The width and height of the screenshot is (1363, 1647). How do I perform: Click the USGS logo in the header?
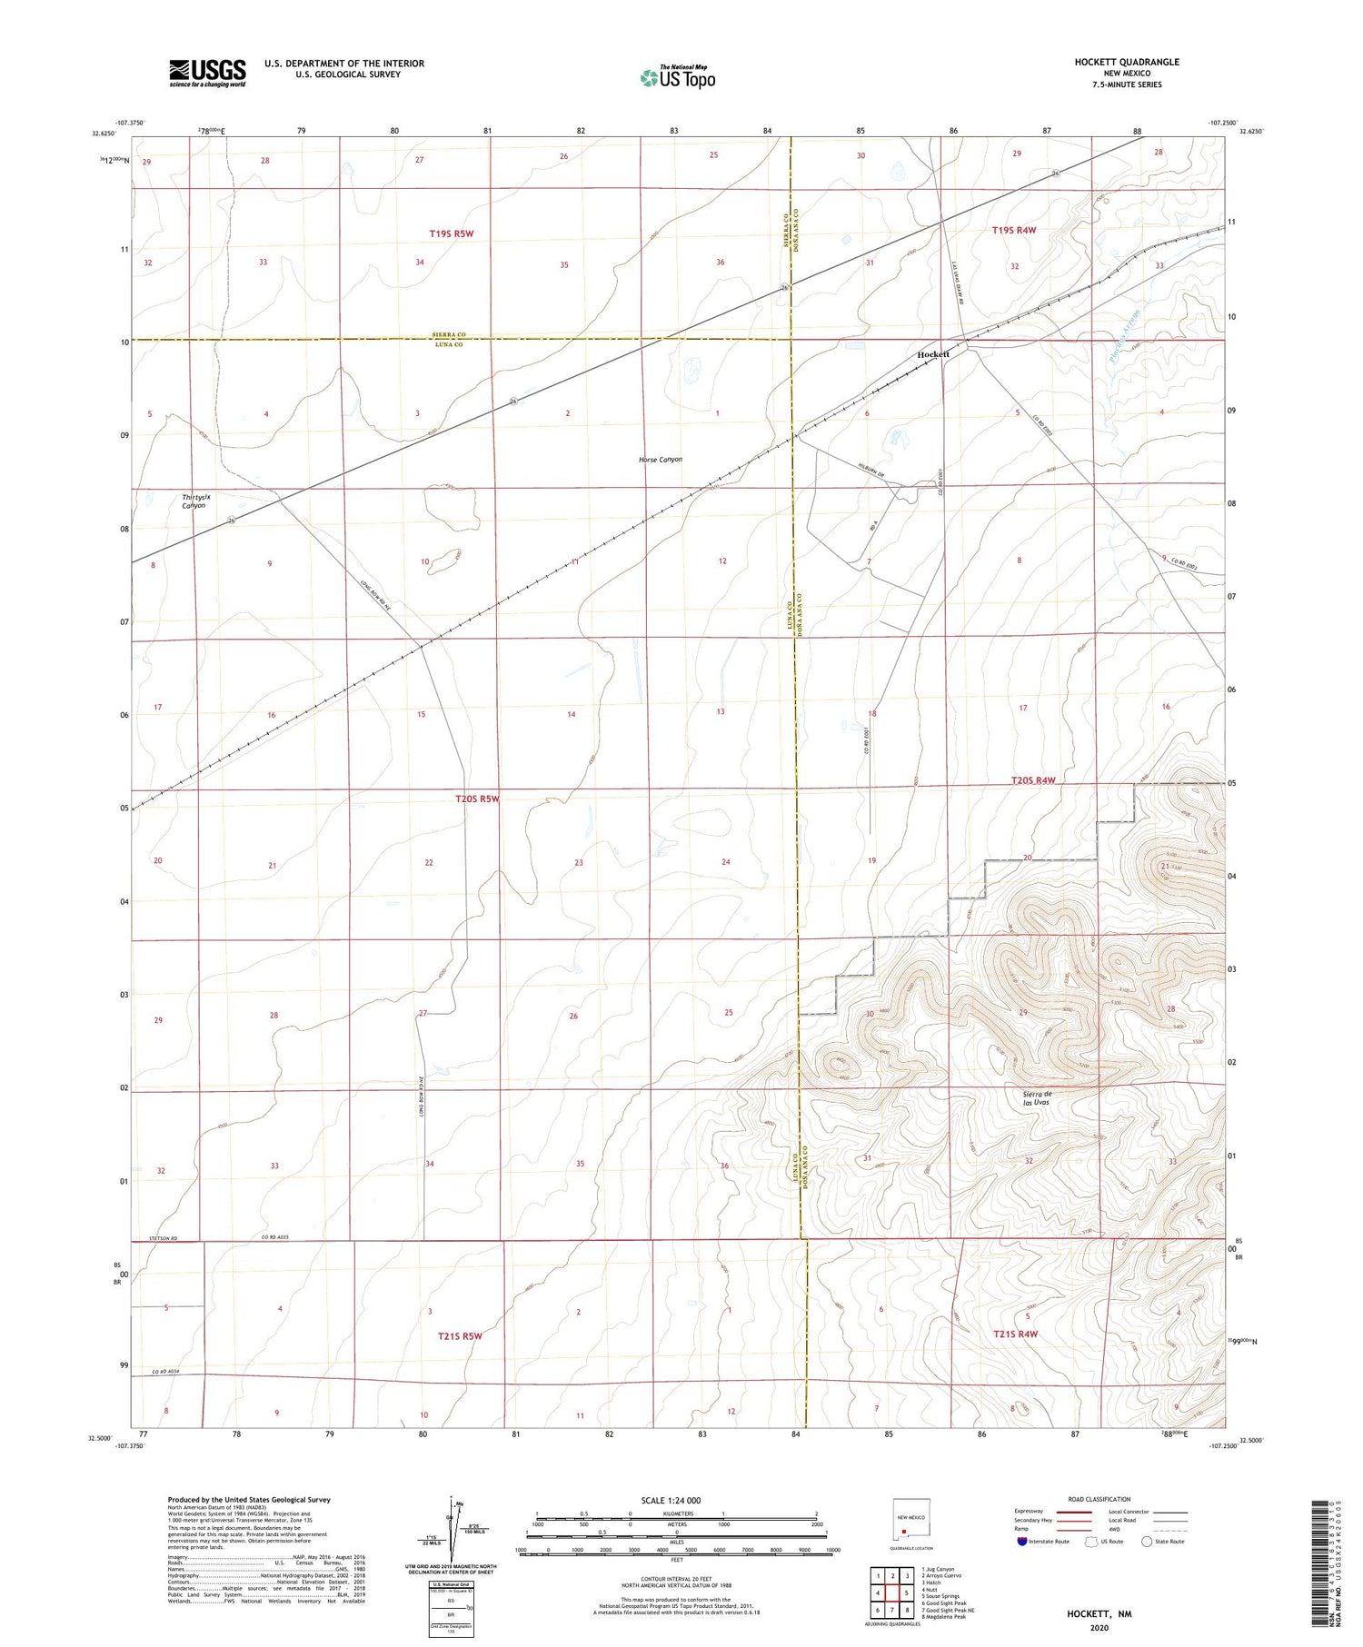click(207, 72)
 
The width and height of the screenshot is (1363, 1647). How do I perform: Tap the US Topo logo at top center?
click(677, 78)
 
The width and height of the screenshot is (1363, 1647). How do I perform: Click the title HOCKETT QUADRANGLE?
click(1127, 62)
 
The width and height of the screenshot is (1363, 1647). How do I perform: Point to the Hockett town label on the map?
click(933, 354)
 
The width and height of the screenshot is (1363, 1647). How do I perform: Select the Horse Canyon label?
click(660, 460)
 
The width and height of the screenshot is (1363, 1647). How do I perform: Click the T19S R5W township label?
click(452, 233)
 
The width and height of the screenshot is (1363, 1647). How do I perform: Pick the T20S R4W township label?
click(1033, 781)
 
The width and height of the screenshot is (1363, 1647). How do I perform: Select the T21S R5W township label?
click(459, 1336)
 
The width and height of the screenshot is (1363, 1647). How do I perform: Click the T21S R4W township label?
click(1015, 1334)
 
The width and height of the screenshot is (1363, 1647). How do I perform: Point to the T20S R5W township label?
click(477, 799)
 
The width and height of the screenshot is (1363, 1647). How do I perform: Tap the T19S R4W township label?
click(1013, 231)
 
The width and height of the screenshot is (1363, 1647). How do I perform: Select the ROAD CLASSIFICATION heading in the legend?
click(1099, 1499)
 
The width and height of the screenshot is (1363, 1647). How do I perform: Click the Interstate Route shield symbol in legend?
click(1021, 1542)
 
